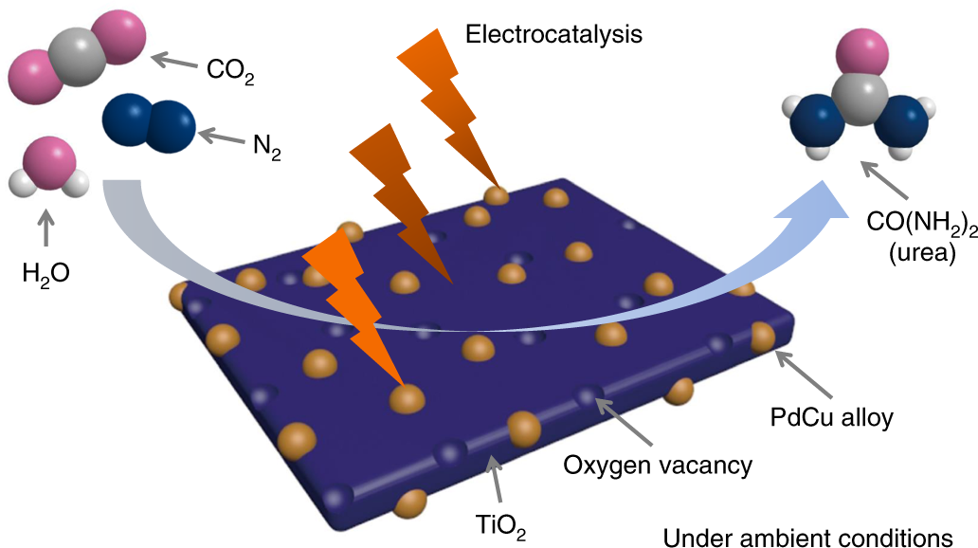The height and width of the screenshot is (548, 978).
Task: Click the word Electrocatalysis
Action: point(553,34)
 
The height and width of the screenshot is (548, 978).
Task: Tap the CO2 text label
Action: point(230,70)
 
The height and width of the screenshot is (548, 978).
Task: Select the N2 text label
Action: point(267,147)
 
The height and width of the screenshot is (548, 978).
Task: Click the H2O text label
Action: point(45,274)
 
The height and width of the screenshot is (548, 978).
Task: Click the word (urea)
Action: point(922,253)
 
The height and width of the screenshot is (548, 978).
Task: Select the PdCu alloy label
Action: point(831,417)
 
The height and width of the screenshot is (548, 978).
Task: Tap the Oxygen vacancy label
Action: point(658,466)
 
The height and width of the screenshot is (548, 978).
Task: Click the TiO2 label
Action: point(500,526)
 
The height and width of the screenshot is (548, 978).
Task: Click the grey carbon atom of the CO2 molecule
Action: point(78,57)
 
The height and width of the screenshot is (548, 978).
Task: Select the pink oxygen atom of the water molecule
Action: point(49,163)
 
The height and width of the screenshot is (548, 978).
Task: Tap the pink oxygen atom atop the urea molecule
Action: point(862,52)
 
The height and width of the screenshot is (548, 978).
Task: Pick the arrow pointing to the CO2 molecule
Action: point(174,62)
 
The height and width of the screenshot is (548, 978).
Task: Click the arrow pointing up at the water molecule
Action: point(45,228)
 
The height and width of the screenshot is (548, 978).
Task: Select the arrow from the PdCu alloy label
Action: point(804,374)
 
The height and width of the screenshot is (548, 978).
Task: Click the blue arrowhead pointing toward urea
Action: point(814,206)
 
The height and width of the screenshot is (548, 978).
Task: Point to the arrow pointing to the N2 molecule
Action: point(222,137)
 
